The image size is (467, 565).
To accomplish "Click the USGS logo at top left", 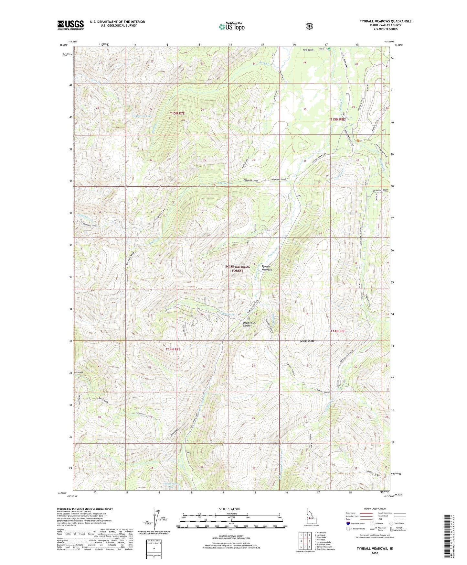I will tap(70, 25).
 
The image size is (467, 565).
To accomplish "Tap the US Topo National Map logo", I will tap(231, 26).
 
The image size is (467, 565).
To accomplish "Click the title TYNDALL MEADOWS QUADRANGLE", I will tap(385, 21).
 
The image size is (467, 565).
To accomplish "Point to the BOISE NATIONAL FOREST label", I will tap(238, 269).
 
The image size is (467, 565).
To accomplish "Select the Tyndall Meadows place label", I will tap(267, 268).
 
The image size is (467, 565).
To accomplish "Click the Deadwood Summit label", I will tap(249, 324).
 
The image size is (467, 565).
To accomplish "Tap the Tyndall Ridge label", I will tap(307, 341).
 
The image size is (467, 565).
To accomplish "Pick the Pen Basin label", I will tap(308, 50).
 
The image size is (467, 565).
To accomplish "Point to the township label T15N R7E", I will tap(177, 113).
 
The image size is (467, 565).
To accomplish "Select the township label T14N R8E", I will tap(338, 331).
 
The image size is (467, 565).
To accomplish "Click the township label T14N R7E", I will tap(173, 349).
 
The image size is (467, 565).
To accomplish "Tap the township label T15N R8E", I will tap(337, 119).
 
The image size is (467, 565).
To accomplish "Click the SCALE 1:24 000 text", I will tap(229, 509).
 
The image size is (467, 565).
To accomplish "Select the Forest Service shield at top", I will tap(309, 26).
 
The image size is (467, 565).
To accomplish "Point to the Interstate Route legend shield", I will tap(348, 523).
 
